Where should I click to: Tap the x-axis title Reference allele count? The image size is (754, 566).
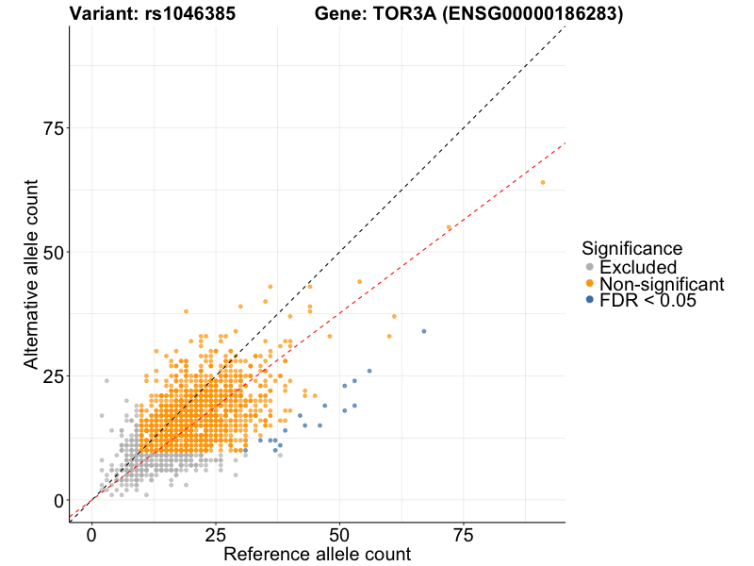click(x=317, y=554)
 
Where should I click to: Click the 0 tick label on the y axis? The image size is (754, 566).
click(x=57, y=500)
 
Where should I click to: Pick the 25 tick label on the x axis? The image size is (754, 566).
click(x=216, y=535)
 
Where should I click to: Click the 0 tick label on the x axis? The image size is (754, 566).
click(x=91, y=535)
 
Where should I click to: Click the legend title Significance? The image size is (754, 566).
click(x=631, y=249)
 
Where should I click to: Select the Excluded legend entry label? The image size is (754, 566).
click(x=638, y=267)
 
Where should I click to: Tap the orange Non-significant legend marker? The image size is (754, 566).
click(x=590, y=284)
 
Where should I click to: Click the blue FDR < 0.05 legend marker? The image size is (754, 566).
click(x=590, y=300)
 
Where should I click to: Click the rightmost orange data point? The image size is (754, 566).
click(x=543, y=182)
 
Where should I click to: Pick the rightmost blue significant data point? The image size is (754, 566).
click(x=424, y=331)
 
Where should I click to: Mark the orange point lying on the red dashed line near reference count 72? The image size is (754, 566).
click(x=449, y=227)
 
